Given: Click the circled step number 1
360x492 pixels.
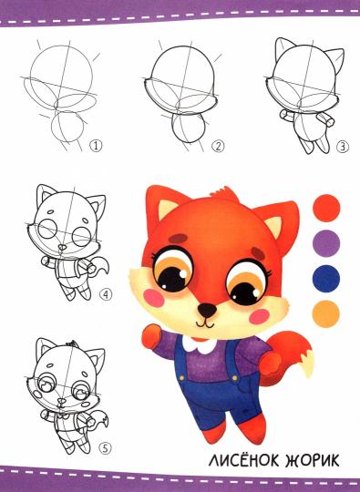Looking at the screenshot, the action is coord(96,146).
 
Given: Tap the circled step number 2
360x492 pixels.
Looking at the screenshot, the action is coord(218,146).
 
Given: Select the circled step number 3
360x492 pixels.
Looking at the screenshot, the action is coord(343,147).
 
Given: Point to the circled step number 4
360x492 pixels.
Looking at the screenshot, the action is coord(106,294).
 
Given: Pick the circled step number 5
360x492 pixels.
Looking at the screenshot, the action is coord(106,448).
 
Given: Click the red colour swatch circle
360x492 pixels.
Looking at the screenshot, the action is coord(326,208).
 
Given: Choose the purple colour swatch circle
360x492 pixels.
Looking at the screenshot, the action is coord(326,243).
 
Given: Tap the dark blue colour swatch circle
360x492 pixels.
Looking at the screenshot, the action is coord(326,279).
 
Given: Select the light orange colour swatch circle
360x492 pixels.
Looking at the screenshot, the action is coord(325,314).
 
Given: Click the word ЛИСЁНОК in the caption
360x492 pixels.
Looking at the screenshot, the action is coord(243,461).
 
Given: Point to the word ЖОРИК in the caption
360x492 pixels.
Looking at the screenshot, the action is coord(313,461).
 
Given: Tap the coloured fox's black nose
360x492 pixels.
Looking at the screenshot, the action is coord(207,310).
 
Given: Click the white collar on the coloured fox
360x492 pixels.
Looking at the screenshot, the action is coord(200,344).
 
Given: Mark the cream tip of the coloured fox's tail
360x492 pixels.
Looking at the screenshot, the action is coord(307,364).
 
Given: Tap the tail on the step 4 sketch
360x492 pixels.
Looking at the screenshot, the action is coord(103,266).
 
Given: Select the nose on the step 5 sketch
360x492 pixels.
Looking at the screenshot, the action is coord(62,401).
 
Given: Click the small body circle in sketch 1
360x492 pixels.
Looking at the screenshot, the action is coord(67,126).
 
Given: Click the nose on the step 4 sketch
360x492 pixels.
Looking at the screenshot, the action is coord(63,248).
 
